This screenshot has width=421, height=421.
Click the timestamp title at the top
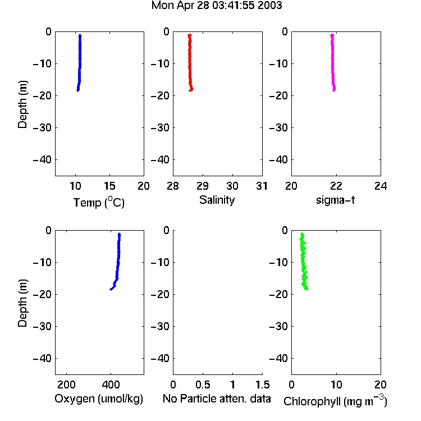pos(217,6)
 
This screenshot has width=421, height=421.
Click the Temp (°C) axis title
pos(99,202)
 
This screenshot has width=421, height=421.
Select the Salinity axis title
pos(217,200)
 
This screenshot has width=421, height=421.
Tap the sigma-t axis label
pos(335,200)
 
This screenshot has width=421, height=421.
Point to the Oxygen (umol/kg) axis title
pos(99,399)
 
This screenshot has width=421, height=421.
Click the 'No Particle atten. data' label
pos(217,399)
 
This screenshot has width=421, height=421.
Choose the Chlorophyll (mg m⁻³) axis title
pos(335,401)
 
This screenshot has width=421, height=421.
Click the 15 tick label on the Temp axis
pos(109,186)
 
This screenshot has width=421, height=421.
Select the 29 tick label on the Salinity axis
pos(203,186)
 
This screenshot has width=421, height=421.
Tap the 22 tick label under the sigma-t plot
pos(336,186)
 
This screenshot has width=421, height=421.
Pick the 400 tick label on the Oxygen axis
pos(111,385)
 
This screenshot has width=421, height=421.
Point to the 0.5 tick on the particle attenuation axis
pos(203,385)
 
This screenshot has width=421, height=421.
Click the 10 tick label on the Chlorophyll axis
pos(336,385)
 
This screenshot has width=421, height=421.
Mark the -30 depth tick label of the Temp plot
pos(42,128)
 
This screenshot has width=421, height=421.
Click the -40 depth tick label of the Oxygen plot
pos(42,359)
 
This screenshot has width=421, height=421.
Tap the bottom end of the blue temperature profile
pos(77,90)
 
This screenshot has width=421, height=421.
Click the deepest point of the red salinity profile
pos(190,90)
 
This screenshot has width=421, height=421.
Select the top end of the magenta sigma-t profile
pos(332,35)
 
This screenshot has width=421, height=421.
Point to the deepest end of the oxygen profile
pos(111,289)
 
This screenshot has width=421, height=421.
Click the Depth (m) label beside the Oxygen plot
pos(22,303)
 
